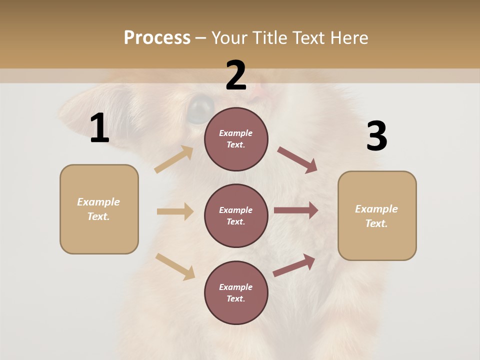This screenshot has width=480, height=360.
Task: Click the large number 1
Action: [x=99, y=128]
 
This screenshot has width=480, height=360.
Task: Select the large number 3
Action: [x=376, y=136]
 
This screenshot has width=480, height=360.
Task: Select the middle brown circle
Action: [x=236, y=216]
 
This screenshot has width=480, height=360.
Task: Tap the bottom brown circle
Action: [x=236, y=293]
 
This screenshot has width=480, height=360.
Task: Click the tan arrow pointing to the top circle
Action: [x=174, y=159]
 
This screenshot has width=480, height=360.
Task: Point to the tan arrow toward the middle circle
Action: [x=175, y=211]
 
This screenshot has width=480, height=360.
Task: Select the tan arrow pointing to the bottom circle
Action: [x=175, y=266]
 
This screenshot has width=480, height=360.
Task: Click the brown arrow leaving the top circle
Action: [x=297, y=159]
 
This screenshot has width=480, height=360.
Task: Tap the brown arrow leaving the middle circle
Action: [x=296, y=210]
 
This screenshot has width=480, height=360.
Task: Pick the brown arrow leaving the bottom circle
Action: [x=294, y=265]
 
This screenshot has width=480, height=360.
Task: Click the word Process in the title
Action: [x=157, y=37]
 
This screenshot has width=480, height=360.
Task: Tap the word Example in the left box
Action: [x=98, y=202]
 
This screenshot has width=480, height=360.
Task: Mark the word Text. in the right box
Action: [x=376, y=223]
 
